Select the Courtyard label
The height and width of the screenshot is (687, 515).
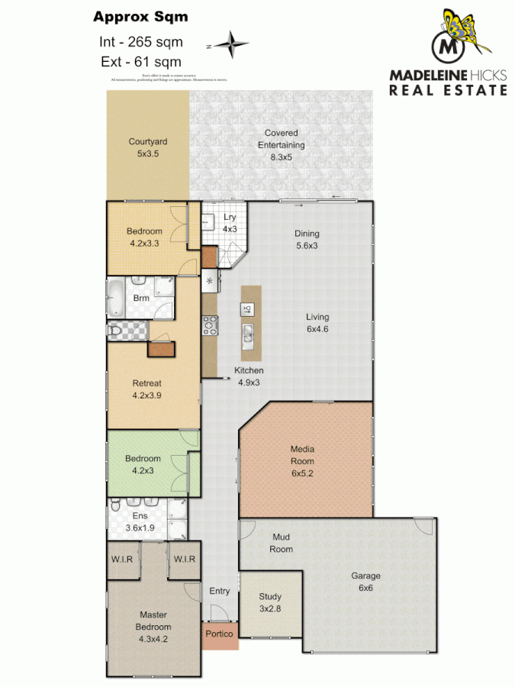click(148, 147)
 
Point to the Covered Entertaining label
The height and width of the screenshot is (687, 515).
click(281, 145)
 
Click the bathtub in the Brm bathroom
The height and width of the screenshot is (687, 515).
click(116, 298)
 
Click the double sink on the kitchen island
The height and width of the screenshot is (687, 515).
click(249, 334)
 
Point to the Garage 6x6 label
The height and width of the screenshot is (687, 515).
click(365, 582)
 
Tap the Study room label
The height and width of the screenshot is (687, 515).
click(270, 602)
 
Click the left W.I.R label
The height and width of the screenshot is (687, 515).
click(123, 560)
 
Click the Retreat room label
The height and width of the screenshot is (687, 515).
click(147, 389)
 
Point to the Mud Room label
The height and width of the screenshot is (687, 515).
click(282, 543)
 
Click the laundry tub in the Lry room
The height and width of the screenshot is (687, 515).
click(208, 223)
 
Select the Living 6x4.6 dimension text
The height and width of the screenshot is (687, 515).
click(317, 323)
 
